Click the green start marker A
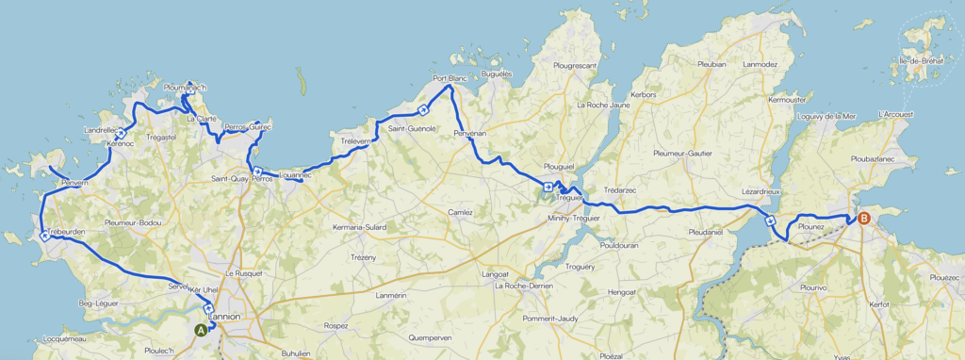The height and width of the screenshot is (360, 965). (201, 330)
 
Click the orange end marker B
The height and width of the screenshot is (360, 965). (863, 219)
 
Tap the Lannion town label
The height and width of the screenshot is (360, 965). (224, 317)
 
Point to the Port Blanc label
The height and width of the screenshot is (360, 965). (450, 78)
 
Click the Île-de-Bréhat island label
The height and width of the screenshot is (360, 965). (923, 61)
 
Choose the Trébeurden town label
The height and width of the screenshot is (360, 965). (66, 232)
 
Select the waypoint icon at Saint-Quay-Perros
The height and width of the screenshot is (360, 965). (256, 171)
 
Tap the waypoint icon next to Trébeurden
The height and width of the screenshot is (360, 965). (44, 236)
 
